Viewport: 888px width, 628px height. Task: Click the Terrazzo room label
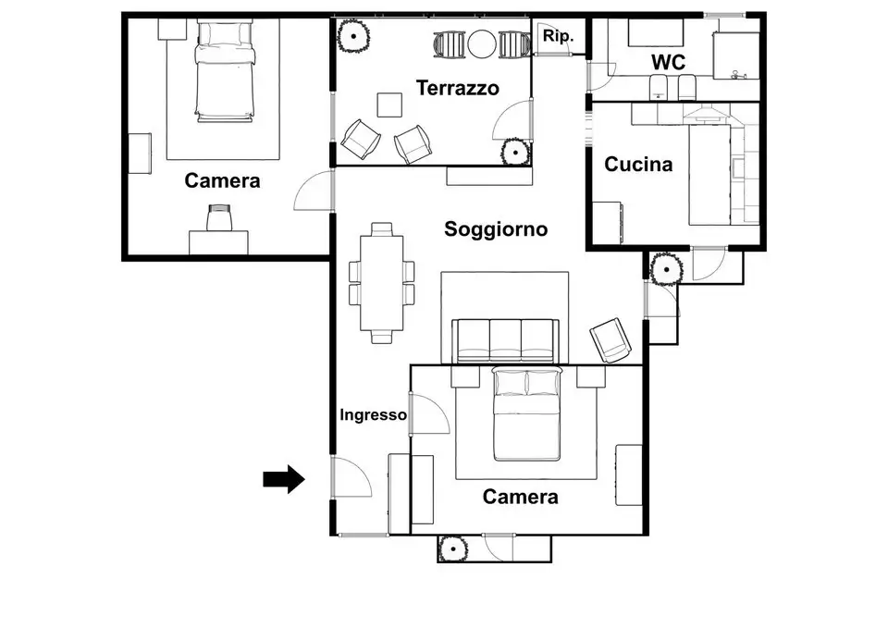coord(457,89)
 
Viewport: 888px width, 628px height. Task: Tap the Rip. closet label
coord(558,37)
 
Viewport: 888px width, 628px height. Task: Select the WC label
coord(668,62)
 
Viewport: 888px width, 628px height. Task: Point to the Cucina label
coord(638,166)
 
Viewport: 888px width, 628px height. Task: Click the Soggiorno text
coord(496,229)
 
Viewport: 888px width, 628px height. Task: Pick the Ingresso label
coord(373,415)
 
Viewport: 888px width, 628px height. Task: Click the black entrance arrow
coord(284,478)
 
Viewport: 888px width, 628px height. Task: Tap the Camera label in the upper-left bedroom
coord(222,180)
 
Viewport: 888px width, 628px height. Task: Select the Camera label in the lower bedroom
coord(521,497)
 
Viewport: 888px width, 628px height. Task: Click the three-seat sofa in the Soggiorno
coord(504,339)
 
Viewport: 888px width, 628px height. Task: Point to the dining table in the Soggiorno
coord(381,282)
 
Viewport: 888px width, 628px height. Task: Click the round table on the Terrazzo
coord(482,43)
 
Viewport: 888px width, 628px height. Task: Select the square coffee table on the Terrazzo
coord(389,105)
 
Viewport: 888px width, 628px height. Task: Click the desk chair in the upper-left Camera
coord(219,218)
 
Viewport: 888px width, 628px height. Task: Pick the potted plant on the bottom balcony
coord(452,548)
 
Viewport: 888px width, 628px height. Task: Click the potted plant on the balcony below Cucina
coord(665,268)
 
